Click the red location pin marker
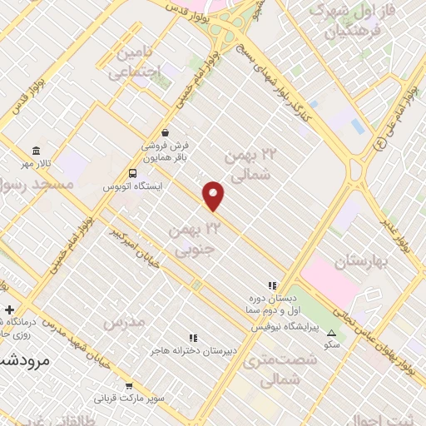tap(214, 196)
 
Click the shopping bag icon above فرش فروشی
tap(166, 131)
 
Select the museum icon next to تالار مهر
tap(36, 151)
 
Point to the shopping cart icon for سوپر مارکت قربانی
tap(129, 386)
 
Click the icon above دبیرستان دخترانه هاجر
tap(194, 338)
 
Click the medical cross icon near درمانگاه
tap(8, 310)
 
